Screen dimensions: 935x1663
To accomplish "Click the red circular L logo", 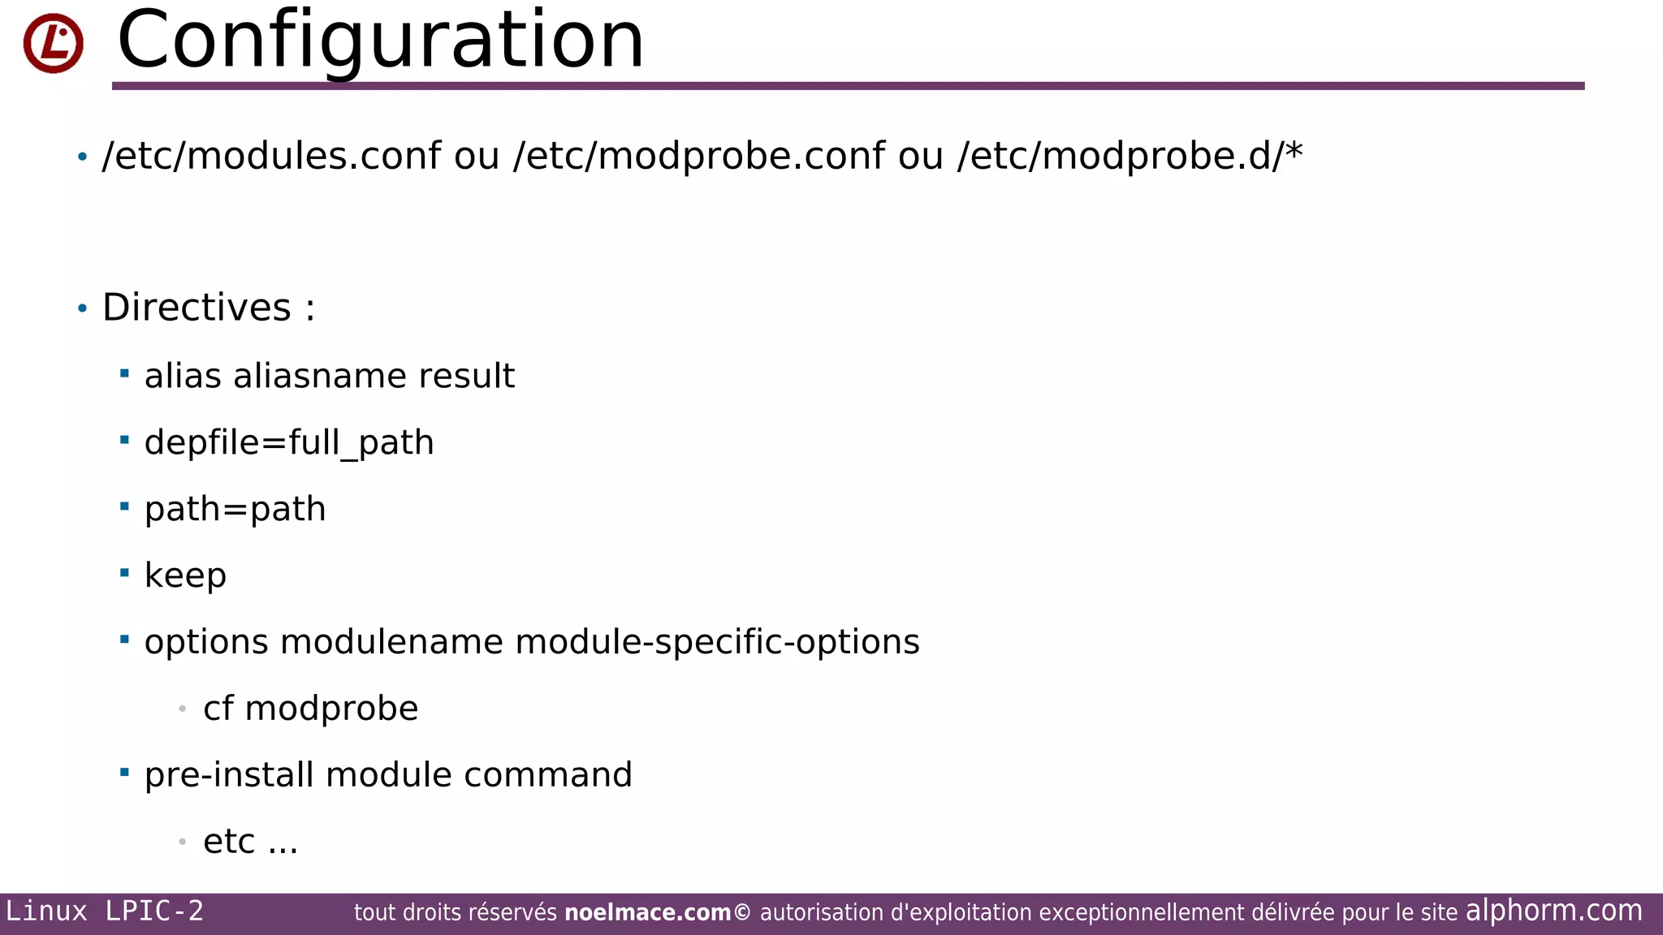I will tap(54, 43).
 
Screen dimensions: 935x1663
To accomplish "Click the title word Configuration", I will tap(380, 41).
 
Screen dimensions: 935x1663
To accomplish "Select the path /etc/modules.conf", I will tap(271, 156).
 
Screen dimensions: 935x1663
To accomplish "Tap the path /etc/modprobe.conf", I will tap(698, 156).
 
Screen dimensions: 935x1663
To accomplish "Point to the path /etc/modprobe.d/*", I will tap(1130, 156).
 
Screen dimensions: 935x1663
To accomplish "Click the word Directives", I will tap(197, 308).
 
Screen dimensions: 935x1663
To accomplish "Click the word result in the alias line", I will tap(466, 376).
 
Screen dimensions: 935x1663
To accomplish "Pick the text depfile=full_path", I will tap(289, 443).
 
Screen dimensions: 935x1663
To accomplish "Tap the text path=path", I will tap(235, 510).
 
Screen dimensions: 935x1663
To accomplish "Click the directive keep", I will tap(185, 575).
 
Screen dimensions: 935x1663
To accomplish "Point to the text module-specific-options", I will tap(717, 642).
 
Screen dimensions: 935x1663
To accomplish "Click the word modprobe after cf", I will tap(331, 709).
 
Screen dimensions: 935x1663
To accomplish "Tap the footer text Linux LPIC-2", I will tap(105, 911).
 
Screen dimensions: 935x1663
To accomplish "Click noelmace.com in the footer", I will tap(648, 913).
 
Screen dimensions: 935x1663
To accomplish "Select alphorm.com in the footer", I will tap(1553, 911).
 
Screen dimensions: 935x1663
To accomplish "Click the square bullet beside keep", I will tap(124, 573).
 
